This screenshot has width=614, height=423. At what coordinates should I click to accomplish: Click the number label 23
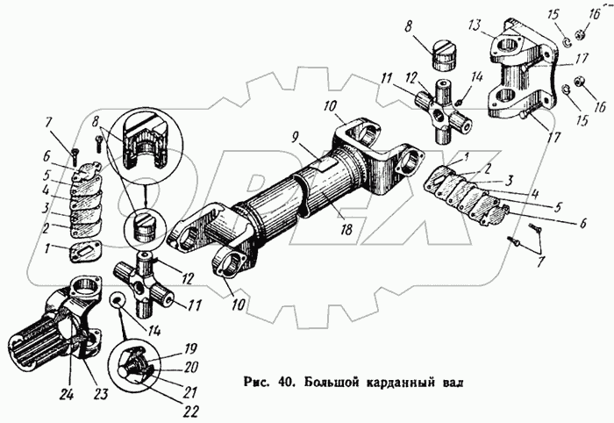tap(101, 394)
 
